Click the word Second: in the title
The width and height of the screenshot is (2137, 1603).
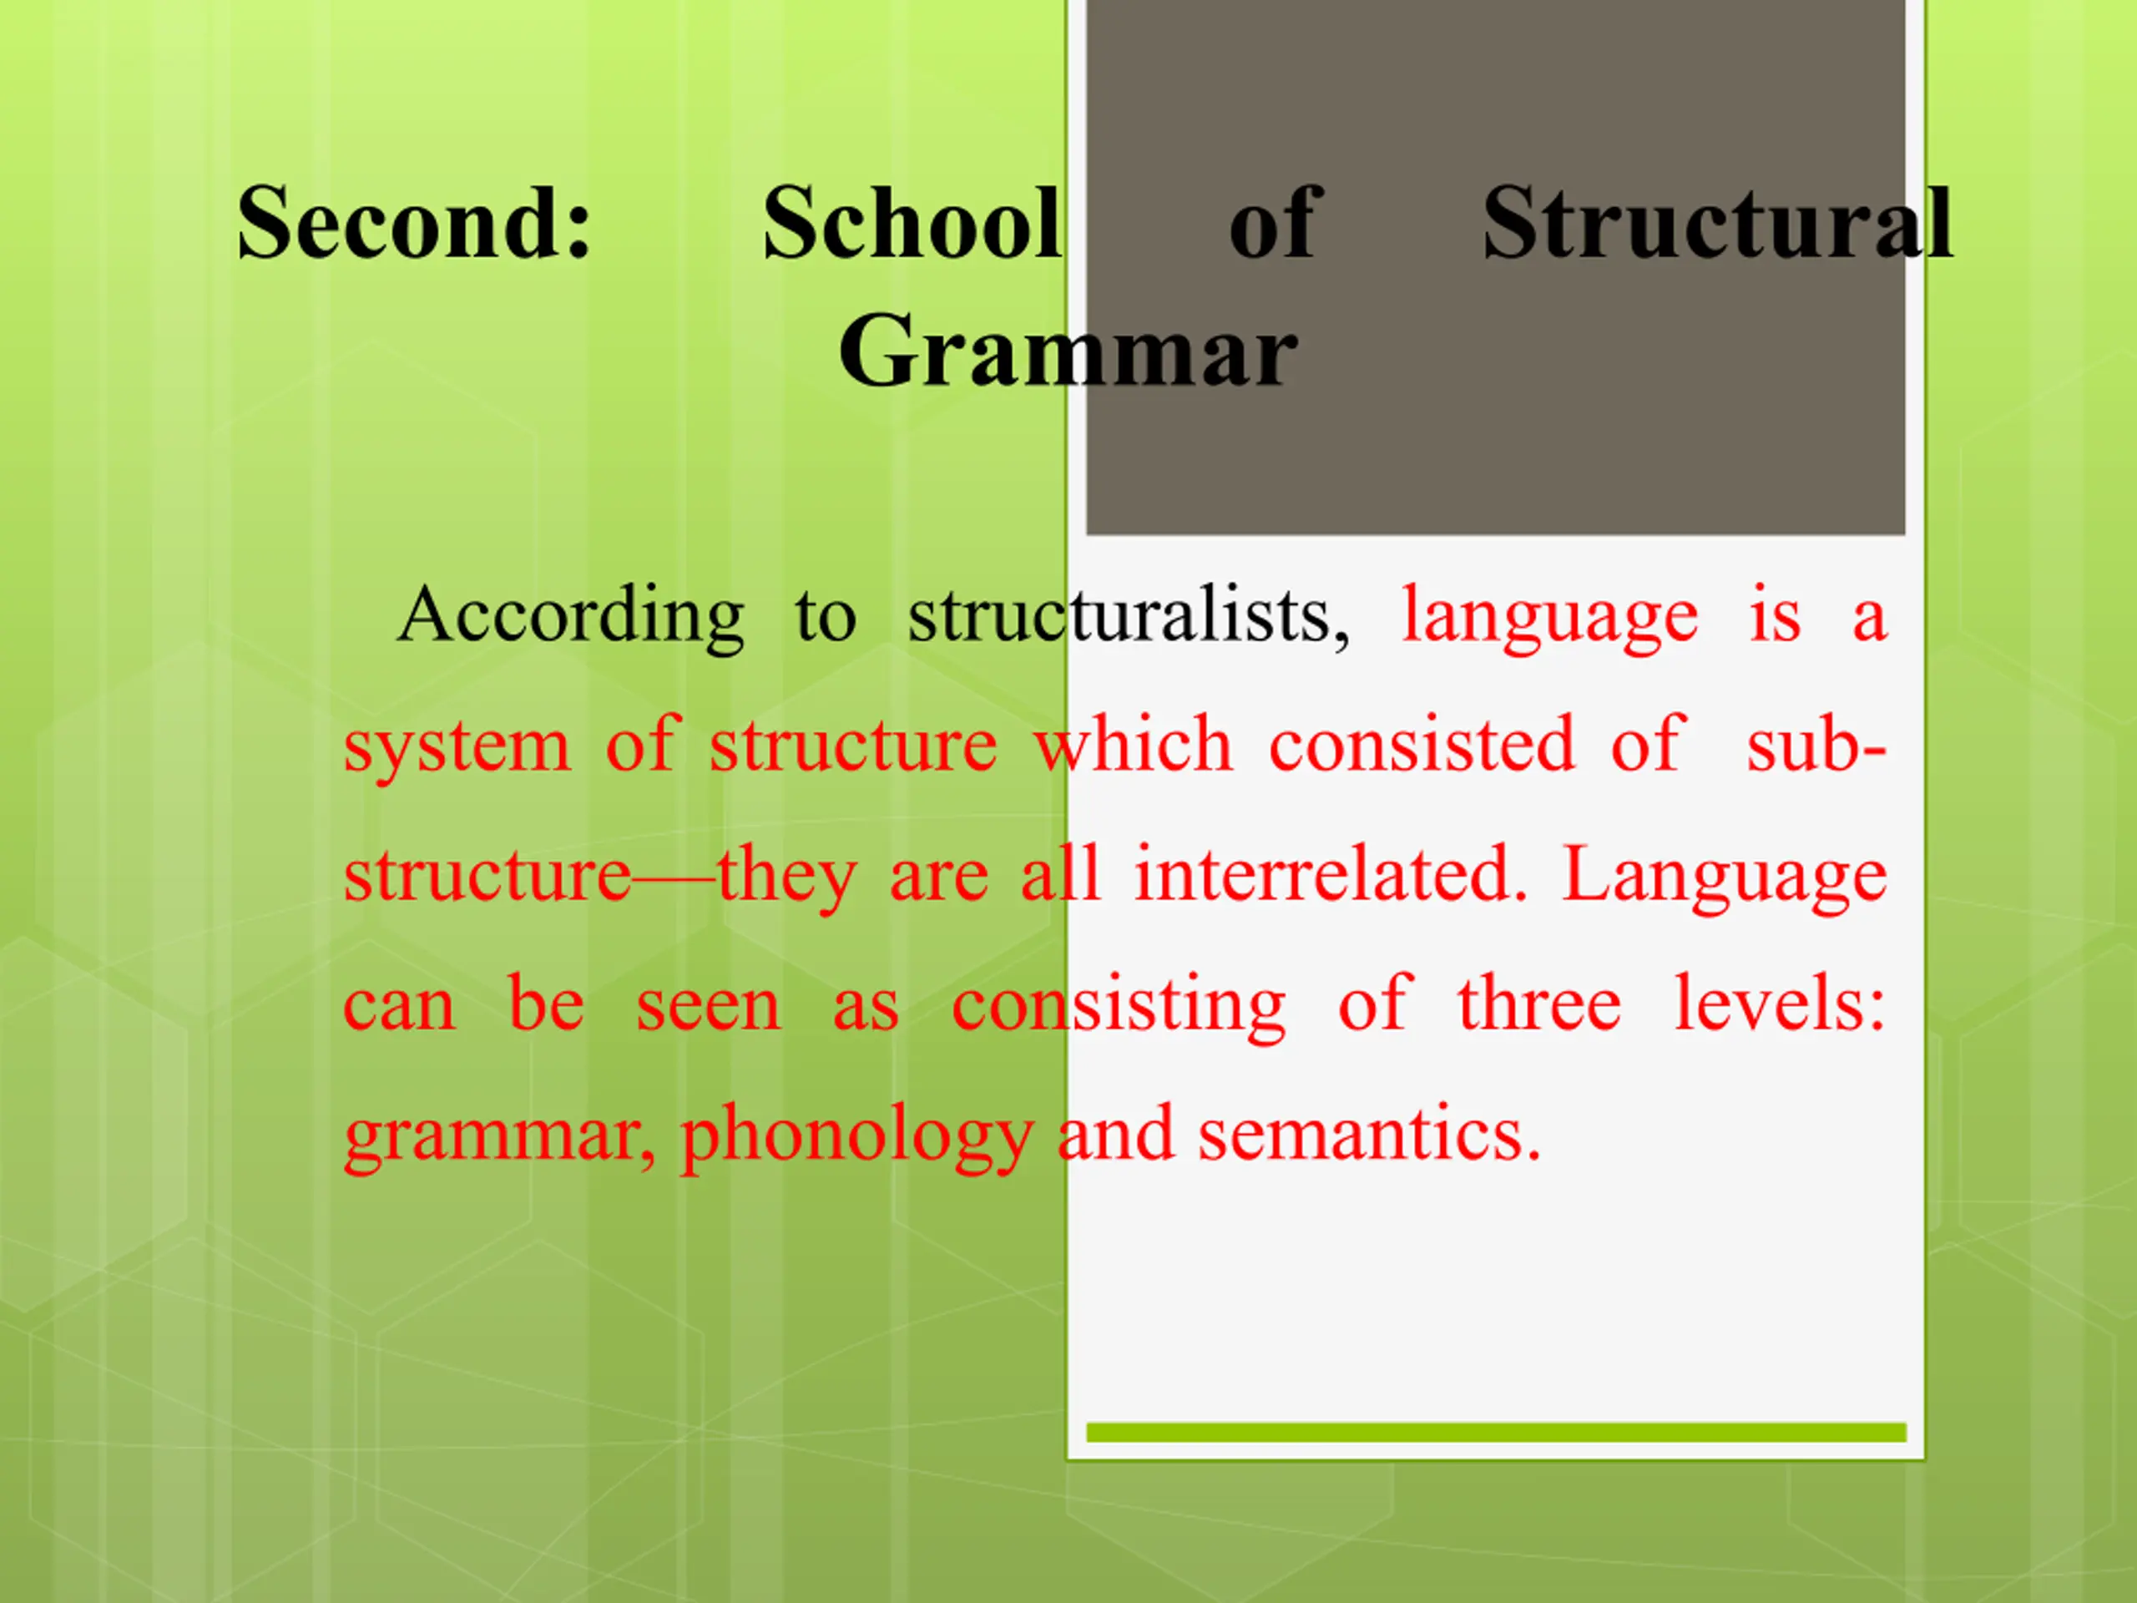[414, 223]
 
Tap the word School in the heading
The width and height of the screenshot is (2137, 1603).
[912, 223]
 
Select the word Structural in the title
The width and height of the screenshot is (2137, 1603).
[1718, 223]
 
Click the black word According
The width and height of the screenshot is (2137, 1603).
[571, 616]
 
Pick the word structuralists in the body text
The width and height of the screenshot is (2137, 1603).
[1129, 616]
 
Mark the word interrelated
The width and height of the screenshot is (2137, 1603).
[1331, 873]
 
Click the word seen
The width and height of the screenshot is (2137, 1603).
[708, 1006]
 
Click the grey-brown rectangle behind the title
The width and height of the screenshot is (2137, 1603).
[1496, 266]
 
